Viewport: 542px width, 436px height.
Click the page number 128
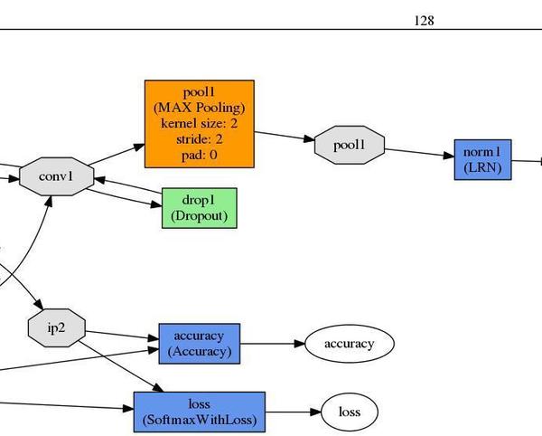click(x=424, y=19)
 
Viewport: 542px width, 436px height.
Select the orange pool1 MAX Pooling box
click(x=199, y=124)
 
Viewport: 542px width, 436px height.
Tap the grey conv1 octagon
click(x=55, y=175)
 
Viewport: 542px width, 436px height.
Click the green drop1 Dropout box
click(x=199, y=208)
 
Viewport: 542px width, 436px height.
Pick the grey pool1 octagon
click(x=350, y=146)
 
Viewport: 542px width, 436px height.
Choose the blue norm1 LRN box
click(x=483, y=159)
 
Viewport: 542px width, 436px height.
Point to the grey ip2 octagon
click(x=56, y=327)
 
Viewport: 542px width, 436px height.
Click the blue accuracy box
click(x=199, y=344)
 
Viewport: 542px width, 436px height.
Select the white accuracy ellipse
click(x=349, y=344)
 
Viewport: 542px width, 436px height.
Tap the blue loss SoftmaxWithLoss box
click(x=199, y=412)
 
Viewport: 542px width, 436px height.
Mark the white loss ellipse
click(x=350, y=412)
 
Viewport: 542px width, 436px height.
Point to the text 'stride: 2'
click(x=199, y=139)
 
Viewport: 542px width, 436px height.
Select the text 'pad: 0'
click(x=199, y=155)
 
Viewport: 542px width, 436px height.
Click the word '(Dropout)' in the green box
click(x=199, y=216)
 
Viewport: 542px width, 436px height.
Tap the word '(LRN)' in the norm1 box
click(x=483, y=167)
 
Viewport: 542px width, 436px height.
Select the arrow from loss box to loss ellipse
click(x=293, y=412)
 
